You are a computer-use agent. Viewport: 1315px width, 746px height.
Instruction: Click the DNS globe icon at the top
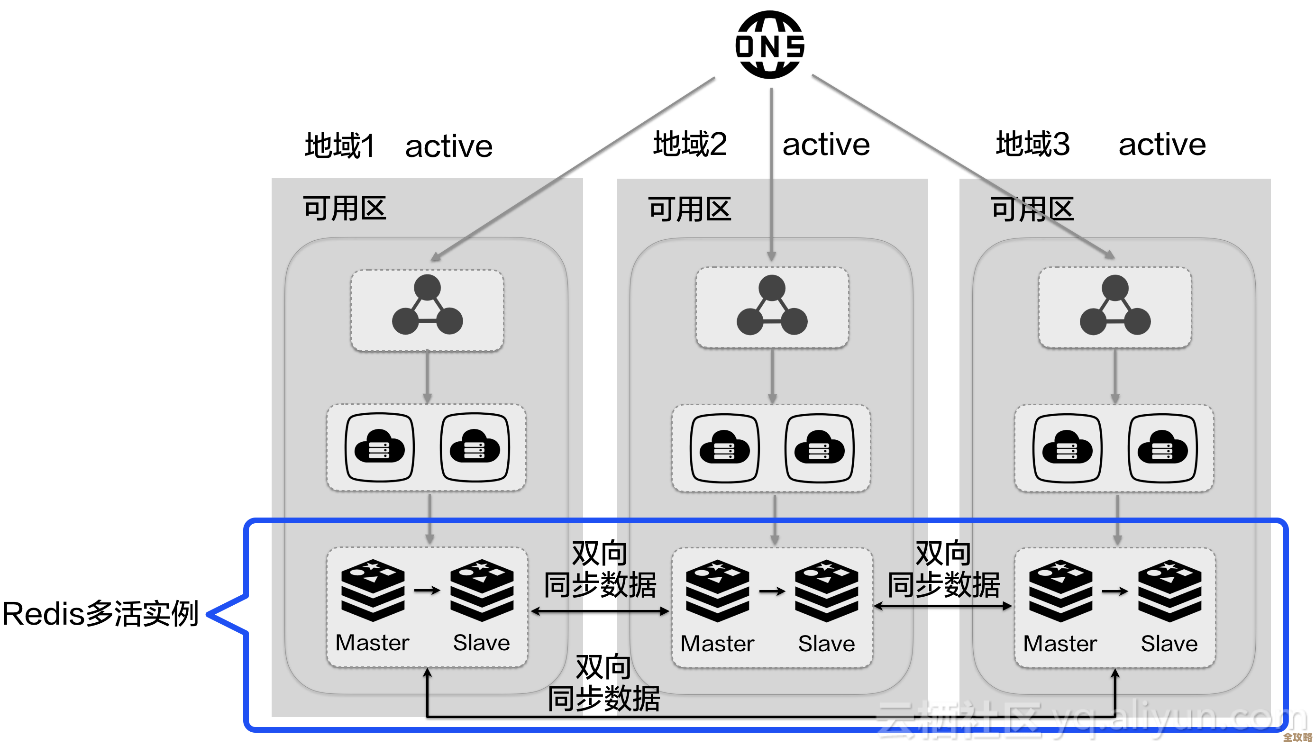(x=769, y=45)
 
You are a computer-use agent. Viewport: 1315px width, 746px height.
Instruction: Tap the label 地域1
(x=340, y=146)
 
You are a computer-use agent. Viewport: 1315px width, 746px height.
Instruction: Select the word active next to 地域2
(x=826, y=145)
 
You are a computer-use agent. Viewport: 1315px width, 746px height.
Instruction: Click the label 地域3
(x=1032, y=144)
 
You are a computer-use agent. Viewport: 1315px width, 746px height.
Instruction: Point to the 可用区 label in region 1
(x=344, y=209)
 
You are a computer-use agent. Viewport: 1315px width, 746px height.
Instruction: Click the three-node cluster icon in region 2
(x=772, y=306)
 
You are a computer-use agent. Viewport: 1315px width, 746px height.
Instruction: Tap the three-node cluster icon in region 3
(x=1114, y=306)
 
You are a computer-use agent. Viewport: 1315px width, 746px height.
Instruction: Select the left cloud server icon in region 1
(x=379, y=448)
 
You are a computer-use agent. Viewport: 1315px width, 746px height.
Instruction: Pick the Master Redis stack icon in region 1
(x=373, y=590)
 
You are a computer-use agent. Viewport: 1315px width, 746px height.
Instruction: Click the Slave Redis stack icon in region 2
(x=826, y=591)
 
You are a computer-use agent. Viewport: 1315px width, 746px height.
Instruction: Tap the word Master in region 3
(x=1060, y=644)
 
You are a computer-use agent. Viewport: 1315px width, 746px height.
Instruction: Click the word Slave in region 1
(x=481, y=643)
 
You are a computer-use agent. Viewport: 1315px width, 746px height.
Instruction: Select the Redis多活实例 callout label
(x=100, y=614)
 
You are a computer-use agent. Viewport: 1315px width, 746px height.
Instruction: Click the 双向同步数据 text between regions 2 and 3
(x=943, y=570)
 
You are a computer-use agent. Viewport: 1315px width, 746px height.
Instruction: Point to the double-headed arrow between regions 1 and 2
(x=600, y=611)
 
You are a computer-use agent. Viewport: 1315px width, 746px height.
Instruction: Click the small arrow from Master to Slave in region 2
(x=772, y=591)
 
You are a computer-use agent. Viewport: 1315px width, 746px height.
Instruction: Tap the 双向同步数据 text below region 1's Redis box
(x=603, y=683)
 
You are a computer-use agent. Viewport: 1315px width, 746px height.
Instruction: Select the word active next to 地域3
(x=1162, y=145)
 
